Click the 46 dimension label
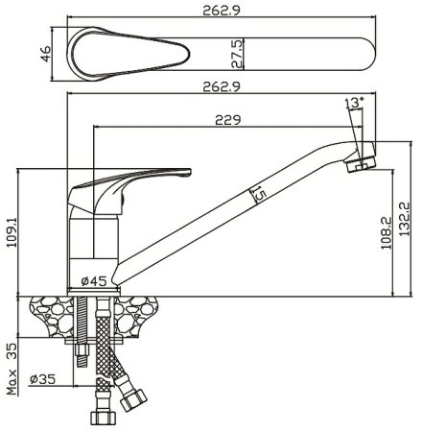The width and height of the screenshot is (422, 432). [46, 54]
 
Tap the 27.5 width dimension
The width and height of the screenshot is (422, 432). [237, 54]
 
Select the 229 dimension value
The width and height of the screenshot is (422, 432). [228, 120]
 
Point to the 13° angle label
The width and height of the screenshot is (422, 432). [355, 103]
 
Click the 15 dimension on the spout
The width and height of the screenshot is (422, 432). [258, 194]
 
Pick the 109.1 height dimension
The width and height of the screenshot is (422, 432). [12, 232]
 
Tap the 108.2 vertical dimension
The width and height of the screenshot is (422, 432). [387, 232]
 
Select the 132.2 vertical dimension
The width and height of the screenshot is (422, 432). [405, 219]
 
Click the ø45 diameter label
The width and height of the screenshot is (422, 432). [94, 281]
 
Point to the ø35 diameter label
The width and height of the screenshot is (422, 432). [42, 379]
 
